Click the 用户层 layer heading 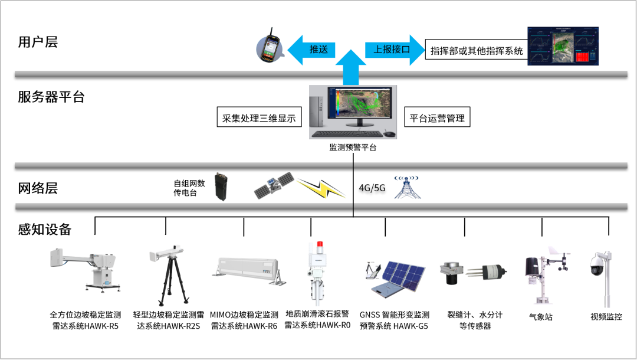click(38, 42)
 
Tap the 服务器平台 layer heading click(51, 97)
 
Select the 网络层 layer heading click(38, 189)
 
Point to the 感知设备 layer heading click(45, 230)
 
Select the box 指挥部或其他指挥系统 click(477, 51)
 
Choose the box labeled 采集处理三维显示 click(259, 118)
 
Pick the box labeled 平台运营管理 click(437, 118)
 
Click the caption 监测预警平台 click(353, 148)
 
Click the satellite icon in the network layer click(274, 185)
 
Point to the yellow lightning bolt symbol click(321, 188)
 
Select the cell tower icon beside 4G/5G click(407, 186)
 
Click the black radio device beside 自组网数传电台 click(221, 186)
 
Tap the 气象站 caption click(541, 317)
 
